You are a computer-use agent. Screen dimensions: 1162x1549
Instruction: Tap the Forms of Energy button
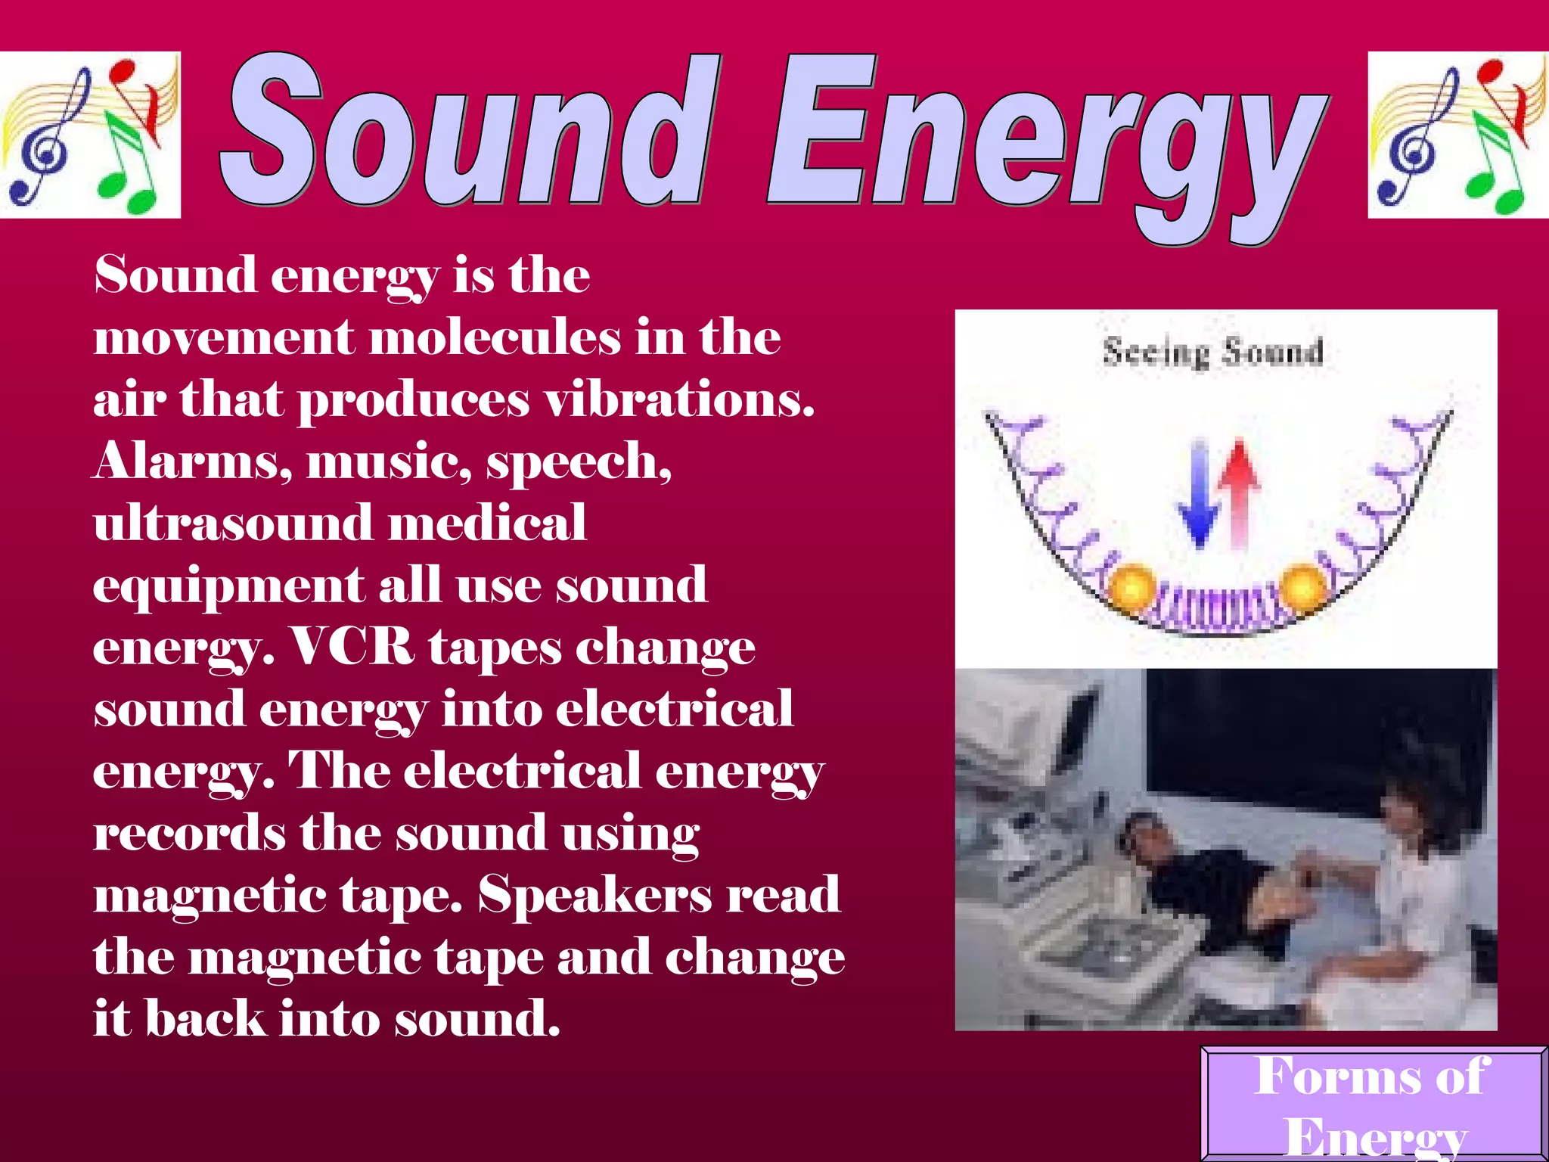1373,1105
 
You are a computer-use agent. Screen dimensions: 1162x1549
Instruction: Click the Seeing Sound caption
1212,353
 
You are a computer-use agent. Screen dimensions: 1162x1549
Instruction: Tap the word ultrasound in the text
233,523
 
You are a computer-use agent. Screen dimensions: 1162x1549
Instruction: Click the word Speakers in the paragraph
594,895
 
